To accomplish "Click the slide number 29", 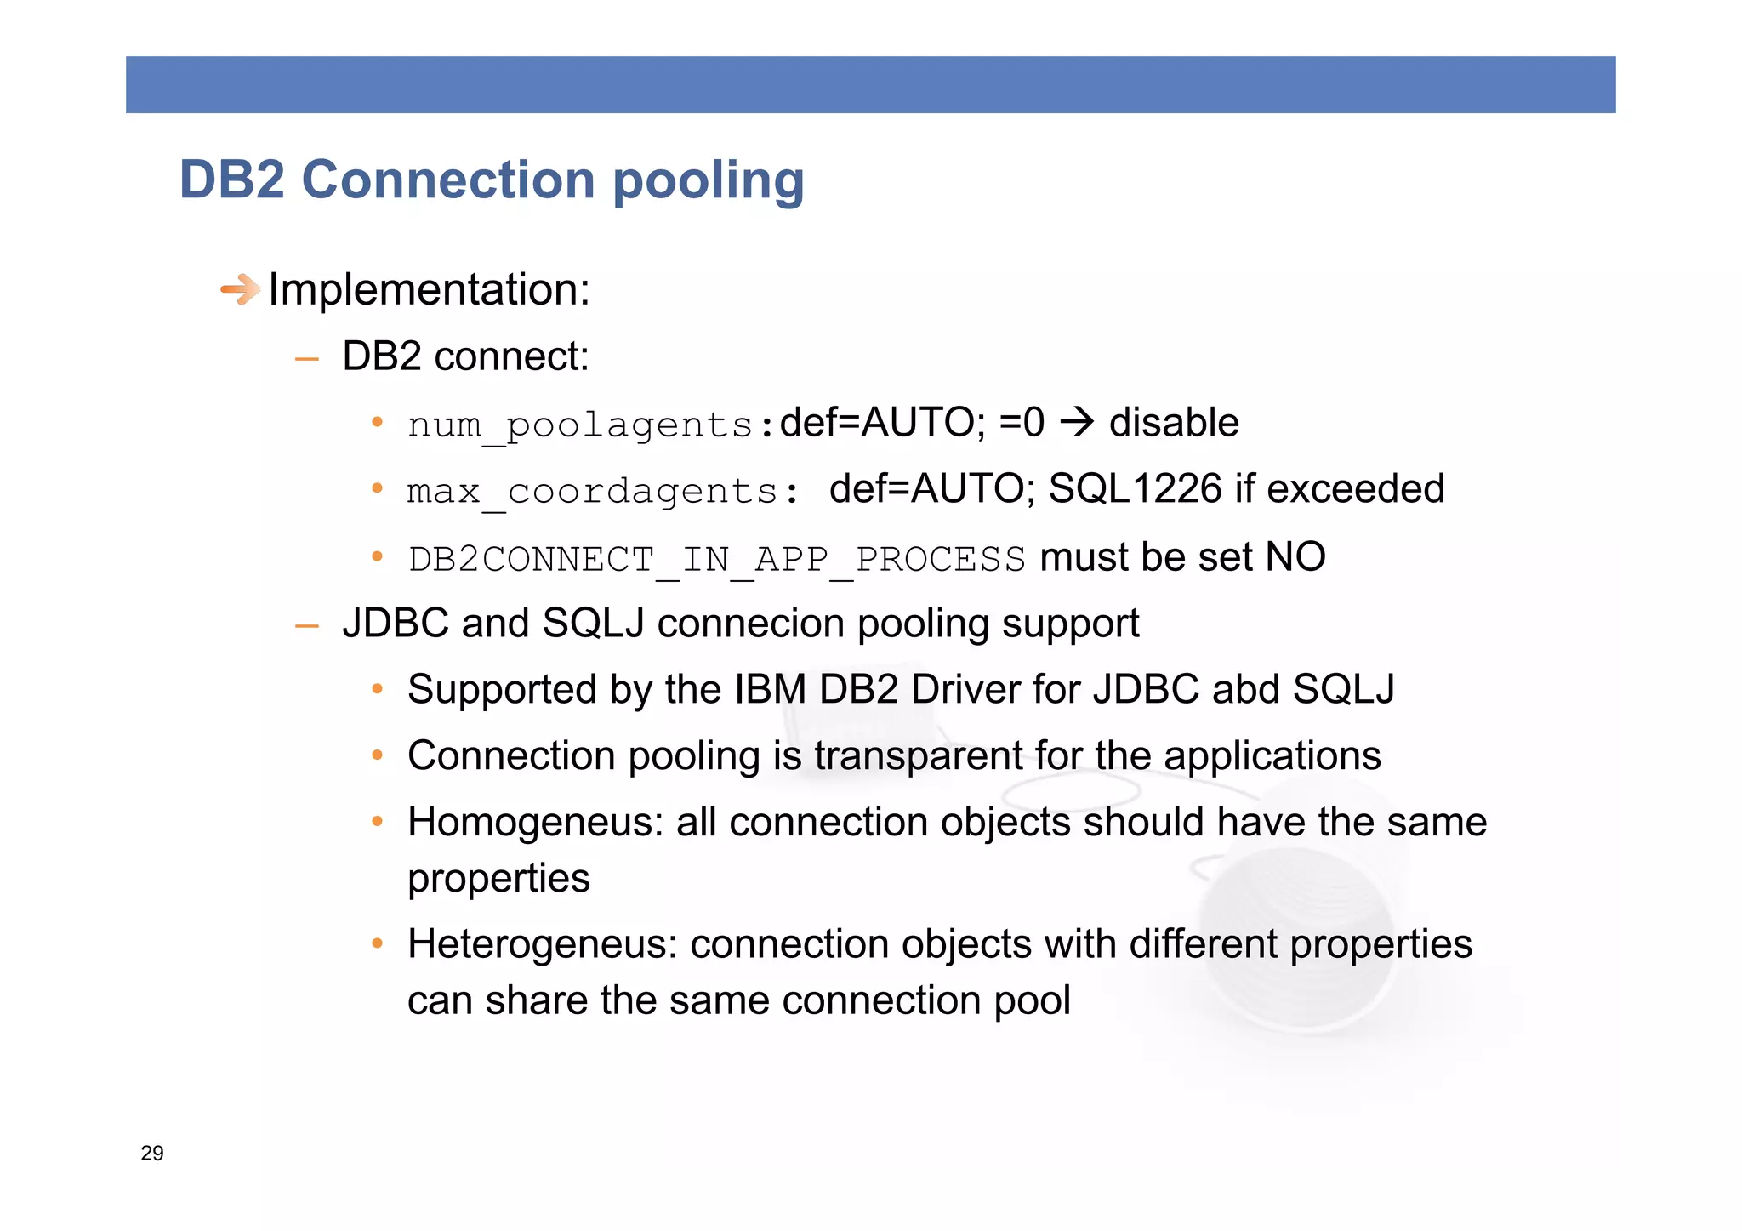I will [152, 1153].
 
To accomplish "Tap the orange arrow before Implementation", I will [241, 289].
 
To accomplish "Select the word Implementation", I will [428, 289].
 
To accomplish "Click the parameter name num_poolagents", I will [580, 424].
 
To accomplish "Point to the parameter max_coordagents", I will [592, 491].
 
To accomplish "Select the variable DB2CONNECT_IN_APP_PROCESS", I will [716, 559].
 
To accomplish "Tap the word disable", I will [1174, 423].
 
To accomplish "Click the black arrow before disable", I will [1078, 422].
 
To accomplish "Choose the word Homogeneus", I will [535, 823].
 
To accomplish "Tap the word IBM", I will [770, 689].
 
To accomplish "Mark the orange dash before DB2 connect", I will [306, 360].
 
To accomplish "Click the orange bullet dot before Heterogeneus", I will [377, 943].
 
